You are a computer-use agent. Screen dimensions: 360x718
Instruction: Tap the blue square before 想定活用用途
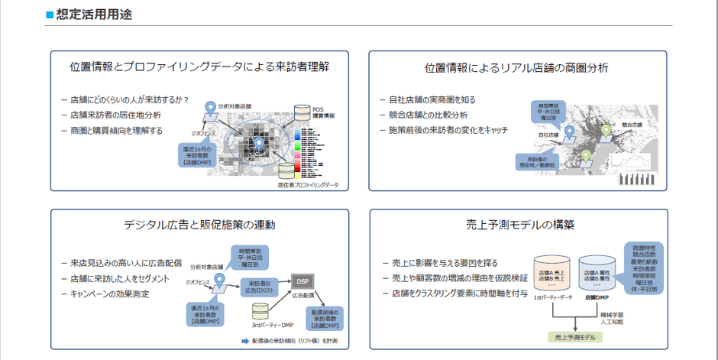point(50,15)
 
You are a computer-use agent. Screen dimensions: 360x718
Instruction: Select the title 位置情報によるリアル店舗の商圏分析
point(516,68)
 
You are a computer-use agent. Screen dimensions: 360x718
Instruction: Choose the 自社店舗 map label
point(548,135)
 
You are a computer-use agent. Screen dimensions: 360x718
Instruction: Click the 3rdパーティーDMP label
point(271,325)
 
